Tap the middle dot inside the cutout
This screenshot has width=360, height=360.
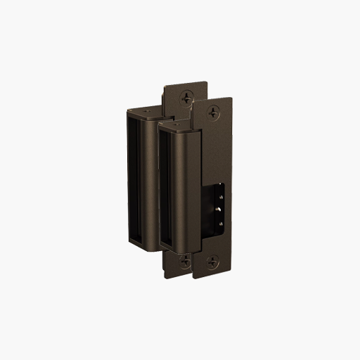[x=219, y=209]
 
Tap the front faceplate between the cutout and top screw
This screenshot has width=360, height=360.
[x=218, y=148]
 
